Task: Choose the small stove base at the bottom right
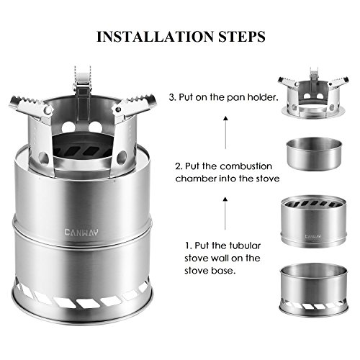(x=312, y=288)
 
